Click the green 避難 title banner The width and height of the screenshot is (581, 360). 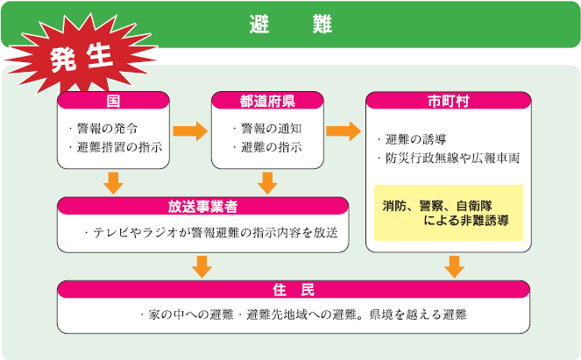pos(290,24)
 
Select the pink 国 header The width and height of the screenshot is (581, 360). pos(112,101)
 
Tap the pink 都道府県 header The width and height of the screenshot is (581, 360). pos(266,101)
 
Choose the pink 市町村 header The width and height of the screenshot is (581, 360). pos(448,101)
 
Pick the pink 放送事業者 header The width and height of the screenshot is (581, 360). pos(202,206)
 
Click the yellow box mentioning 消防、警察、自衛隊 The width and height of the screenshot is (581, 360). pos(448,213)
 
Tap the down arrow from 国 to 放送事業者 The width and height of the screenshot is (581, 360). pos(113,183)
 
